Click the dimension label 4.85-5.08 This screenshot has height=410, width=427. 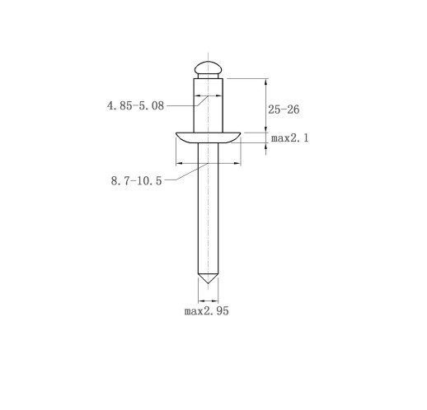coord(135,105)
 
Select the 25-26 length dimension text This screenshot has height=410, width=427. coord(284,109)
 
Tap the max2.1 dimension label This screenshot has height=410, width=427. coord(290,137)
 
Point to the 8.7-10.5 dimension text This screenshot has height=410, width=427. coord(136,181)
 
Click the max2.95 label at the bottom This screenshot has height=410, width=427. coord(207,311)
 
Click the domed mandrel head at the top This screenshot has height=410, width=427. coord(208,68)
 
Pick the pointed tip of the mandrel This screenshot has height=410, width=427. coord(208,283)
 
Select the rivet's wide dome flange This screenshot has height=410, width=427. coord(208,137)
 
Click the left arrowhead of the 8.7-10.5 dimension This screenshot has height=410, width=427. coord(179,164)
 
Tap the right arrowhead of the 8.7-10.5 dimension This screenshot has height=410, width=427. coord(237,164)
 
